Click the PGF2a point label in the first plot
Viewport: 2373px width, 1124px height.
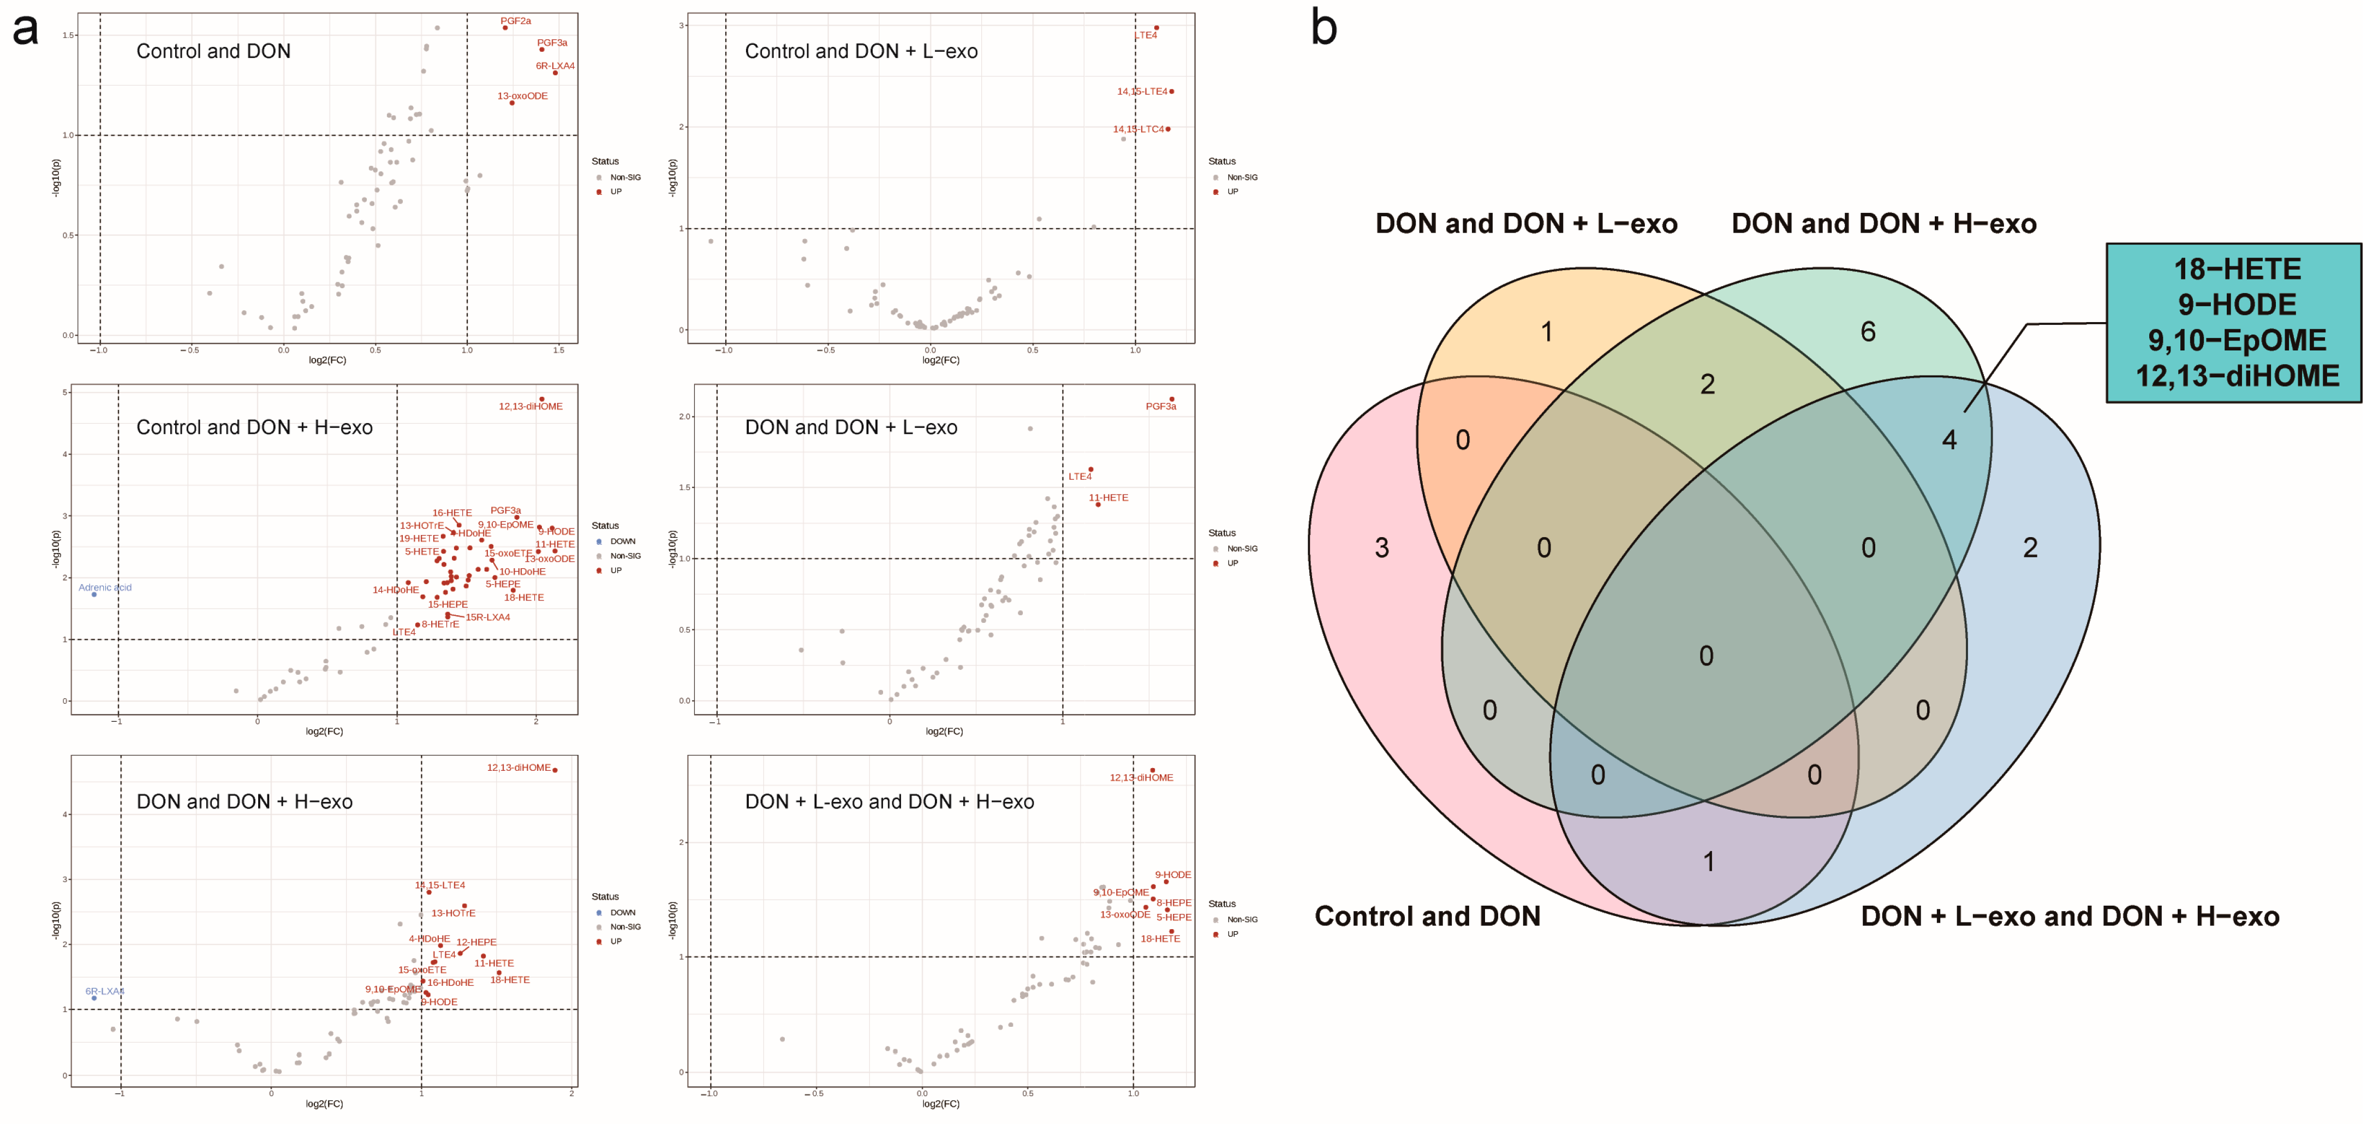click(x=515, y=20)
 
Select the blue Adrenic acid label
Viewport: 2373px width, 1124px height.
click(x=105, y=587)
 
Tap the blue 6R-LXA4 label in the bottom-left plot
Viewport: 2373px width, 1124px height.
click(x=104, y=991)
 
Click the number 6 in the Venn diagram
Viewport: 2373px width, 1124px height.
click(x=1867, y=332)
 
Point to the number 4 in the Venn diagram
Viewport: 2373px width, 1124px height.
click(x=1949, y=441)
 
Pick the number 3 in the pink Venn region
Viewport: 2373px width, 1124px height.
click(x=1382, y=548)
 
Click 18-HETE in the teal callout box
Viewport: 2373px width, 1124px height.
click(x=2237, y=269)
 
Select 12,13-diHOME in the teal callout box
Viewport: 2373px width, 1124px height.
click(x=2237, y=376)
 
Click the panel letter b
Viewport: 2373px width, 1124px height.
click(x=1323, y=28)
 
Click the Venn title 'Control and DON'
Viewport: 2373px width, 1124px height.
click(x=1427, y=916)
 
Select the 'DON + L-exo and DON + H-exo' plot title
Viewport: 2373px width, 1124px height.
click(x=889, y=801)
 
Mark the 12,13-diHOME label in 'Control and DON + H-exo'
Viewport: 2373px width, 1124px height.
click(x=530, y=406)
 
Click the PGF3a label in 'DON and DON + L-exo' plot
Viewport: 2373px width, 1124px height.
click(x=1161, y=406)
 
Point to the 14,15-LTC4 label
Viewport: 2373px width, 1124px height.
click(x=1138, y=129)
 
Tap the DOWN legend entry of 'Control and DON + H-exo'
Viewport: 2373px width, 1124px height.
click(x=622, y=542)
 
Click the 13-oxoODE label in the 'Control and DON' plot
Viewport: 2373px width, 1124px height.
click(x=522, y=96)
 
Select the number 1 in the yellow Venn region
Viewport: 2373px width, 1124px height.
click(x=1547, y=332)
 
